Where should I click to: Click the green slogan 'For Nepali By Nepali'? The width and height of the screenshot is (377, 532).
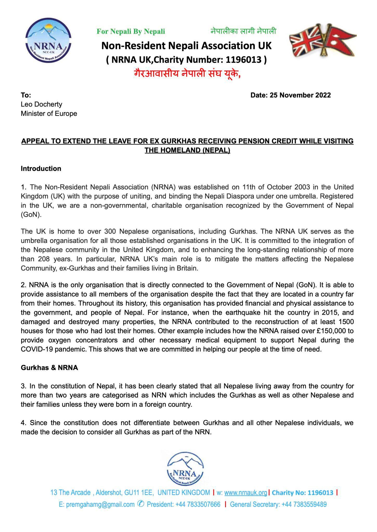pyautogui.click(x=131, y=31)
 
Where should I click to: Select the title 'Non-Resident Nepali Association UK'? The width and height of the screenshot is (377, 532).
pyautogui.click(x=186, y=46)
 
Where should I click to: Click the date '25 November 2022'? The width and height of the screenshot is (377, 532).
pyautogui.click(x=300, y=95)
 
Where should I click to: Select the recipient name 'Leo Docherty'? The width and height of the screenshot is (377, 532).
pyautogui.click(x=42, y=104)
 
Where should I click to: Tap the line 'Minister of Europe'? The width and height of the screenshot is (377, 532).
pyautogui.click(x=49, y=114)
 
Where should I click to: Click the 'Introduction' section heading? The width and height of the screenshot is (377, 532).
pyautogui.click(x=41, y=169)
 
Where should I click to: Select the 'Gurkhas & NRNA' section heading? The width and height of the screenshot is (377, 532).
pyautogui.click(x=49, y=368)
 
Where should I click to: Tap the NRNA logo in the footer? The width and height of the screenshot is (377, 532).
pyautogui.click(x=185, y=470)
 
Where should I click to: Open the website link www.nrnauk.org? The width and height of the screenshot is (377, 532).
pyautogui.click(x=245, y=493)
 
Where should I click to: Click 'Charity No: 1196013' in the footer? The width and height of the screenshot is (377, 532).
pyautogui.click(x=302, y=493)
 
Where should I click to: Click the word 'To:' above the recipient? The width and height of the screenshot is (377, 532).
pyautogui.click(x=26, y=95)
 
